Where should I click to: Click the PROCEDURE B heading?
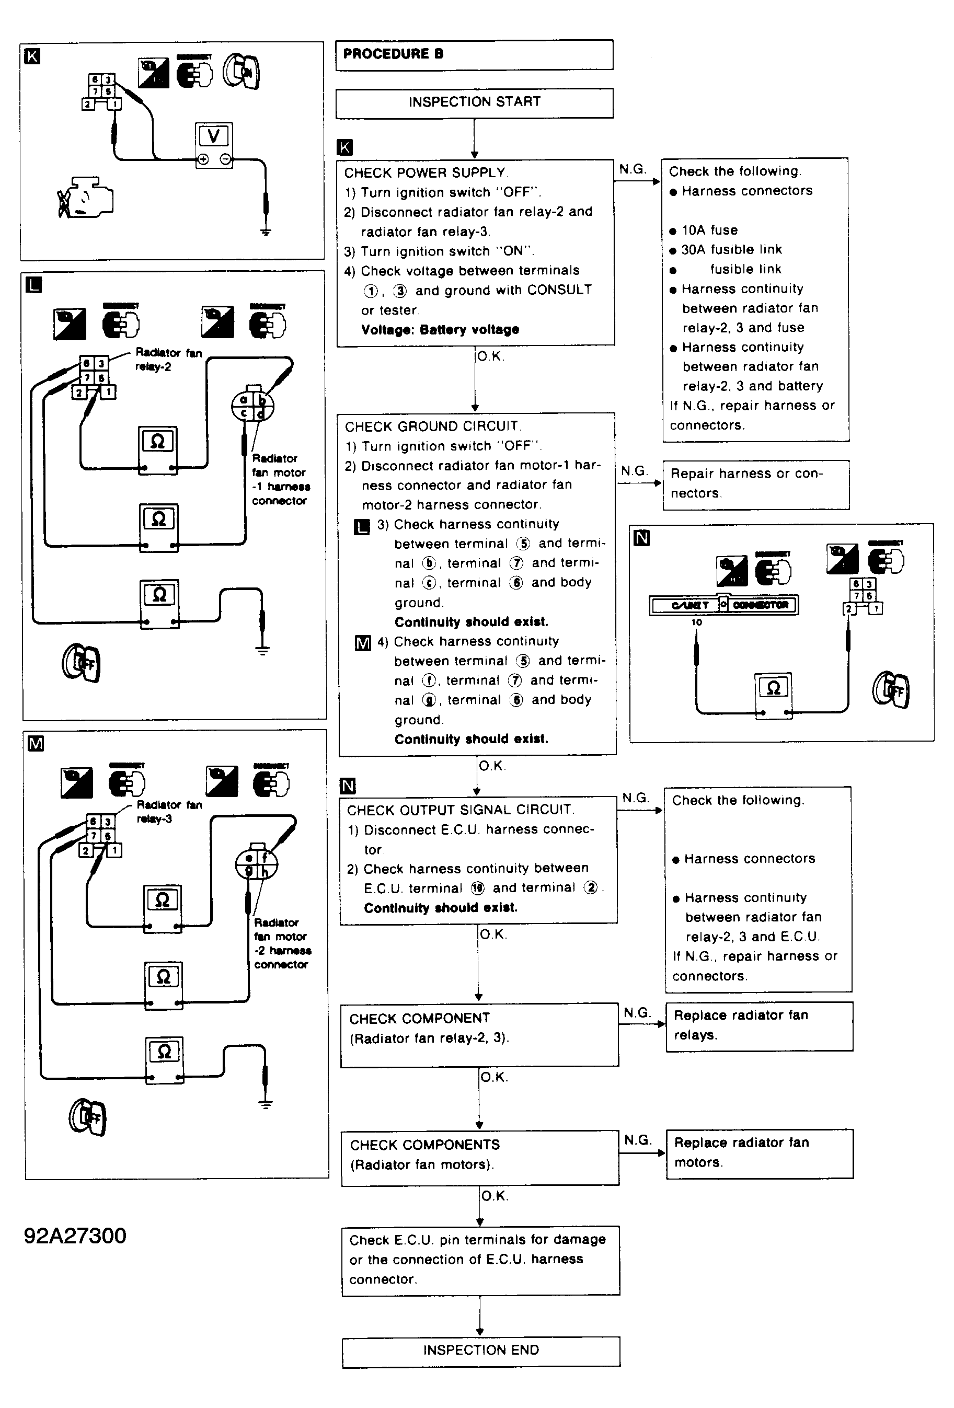(x=393, y=54)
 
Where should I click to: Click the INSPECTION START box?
(x=474, y=102)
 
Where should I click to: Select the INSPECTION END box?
(x=480, y=1350)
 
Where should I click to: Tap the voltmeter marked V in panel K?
(x=214, y=145)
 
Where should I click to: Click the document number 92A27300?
(x=75, y=1236)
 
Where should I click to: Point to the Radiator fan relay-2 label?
(x=168, y=359)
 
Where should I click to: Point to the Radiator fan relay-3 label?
(x=169, y=812)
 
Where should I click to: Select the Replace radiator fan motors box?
(x=759, y=1153)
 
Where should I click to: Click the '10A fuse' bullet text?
(x=709, y=230)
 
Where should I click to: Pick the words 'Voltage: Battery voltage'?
(x=440, y=330)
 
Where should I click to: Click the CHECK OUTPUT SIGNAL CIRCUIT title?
(x=461, y=810)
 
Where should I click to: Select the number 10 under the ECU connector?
(x=696, y=622)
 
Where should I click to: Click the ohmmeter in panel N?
(x=773, y=694)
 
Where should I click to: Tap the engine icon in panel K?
(x=86, y=198)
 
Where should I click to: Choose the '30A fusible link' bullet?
(x=731, y=250)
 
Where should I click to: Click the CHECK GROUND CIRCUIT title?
(x=432, y=426)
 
